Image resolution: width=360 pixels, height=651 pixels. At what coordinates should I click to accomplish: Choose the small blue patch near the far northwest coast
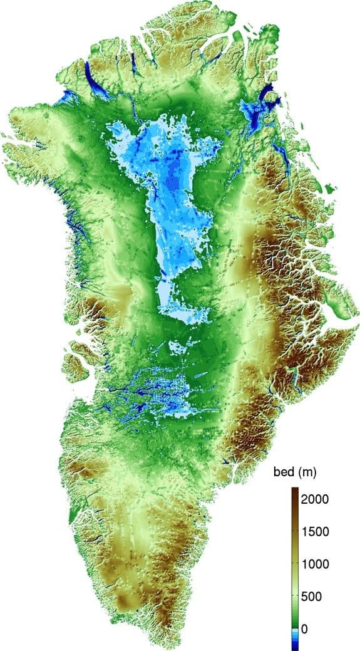coord(65,97)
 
